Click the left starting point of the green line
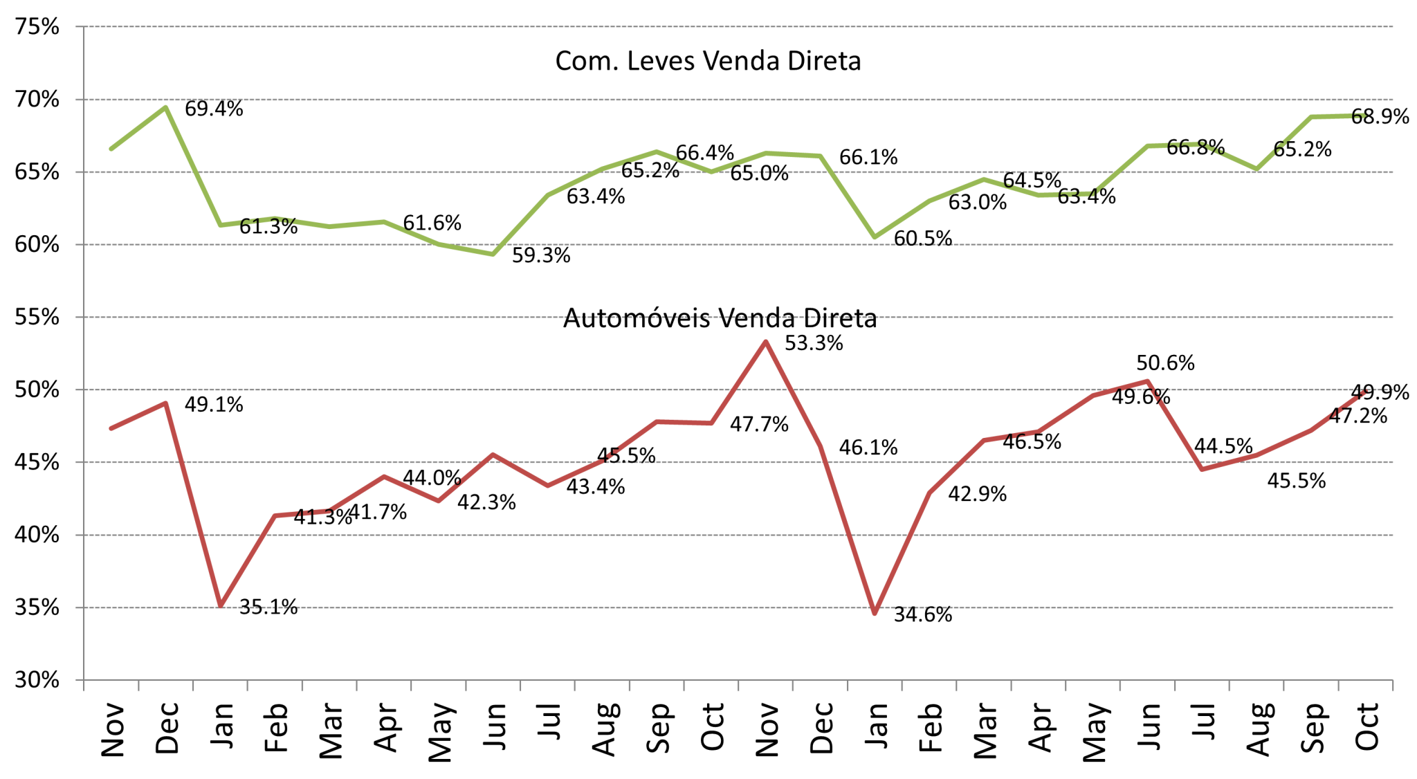point(111,149)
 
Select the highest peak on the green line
point(165,107)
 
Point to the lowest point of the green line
point(493,255)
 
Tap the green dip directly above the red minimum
point(875,238)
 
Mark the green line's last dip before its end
point(1256,169)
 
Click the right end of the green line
point(1364,116)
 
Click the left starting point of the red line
point(111,429)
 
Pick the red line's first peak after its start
point(165,403)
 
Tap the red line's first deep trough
point(221,606)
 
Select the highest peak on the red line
point(765,341)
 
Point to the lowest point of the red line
point(875,614)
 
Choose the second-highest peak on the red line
point(1147,381)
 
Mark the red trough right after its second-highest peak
point(1202,470)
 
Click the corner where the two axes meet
point(84,680)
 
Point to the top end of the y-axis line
point(84,27)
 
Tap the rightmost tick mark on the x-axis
point(1393,686)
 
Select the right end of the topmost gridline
point(1393,27)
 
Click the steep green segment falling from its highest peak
point(193,166)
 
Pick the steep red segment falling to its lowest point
point(848,529)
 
